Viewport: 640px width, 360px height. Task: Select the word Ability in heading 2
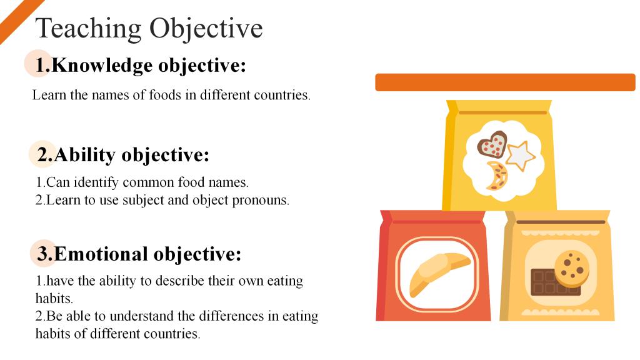(x=85, y=156)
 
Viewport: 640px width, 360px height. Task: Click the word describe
(x=180, y=281)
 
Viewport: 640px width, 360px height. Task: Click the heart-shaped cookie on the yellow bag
(x=492, y=144)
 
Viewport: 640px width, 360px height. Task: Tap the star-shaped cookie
(x=520, y=156)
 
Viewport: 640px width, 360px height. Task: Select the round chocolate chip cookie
(x=572, y=267)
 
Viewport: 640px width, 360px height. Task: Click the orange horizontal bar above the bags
(x=505, y=82)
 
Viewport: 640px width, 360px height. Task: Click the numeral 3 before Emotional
(x=44, y=254)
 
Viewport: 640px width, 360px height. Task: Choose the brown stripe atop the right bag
(x=561, y=222)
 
